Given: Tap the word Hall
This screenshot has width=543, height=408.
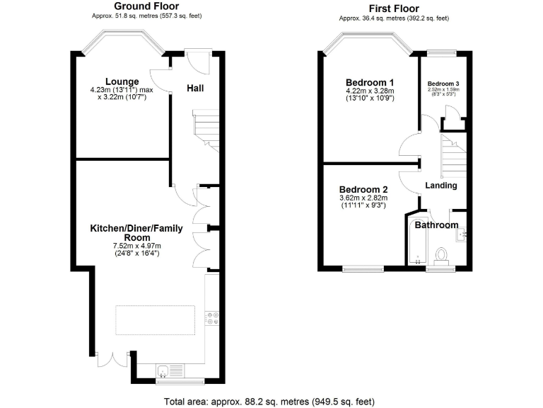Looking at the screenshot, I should click(x=196, y=89).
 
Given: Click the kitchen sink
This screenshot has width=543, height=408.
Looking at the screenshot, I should click(x=163, y=370).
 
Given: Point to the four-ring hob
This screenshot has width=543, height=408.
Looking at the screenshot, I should click(x=211, y=319).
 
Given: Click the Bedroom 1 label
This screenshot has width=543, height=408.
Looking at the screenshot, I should click(x=369, y=81).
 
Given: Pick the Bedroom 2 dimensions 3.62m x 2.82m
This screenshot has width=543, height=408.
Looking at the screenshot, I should click(x=363, y=198).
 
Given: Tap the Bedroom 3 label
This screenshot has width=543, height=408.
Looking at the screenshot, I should click(x=443, y=82).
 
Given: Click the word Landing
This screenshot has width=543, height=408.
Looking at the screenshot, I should click(x=440, y=186).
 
